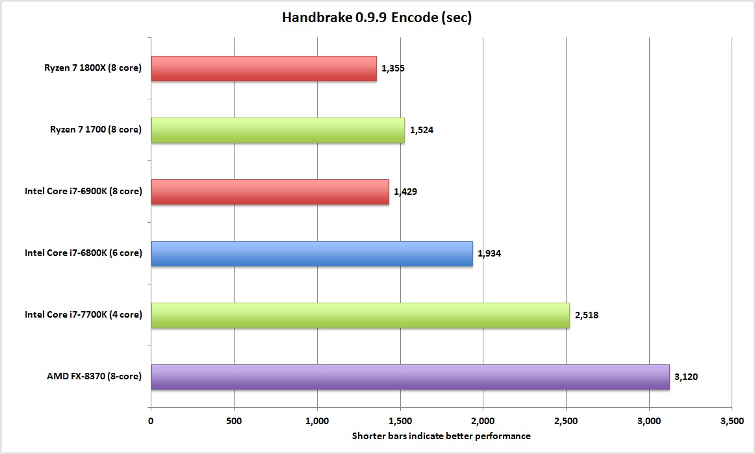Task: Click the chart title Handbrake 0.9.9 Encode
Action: tap(376, 18)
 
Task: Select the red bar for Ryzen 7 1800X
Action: tap(263, 68)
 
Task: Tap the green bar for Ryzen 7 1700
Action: tap(277, 130)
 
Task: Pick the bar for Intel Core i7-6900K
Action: tap(270, 192)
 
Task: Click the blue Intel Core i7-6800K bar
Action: tap(312, 253)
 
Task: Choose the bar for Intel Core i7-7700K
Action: tap(360, 315)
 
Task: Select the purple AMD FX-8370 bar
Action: tap(410, 377)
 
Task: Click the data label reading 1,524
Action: tap(422, 130)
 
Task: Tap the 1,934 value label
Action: tap(489, 253)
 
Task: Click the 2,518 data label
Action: tap(586, 315)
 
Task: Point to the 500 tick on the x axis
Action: tap(234, 421)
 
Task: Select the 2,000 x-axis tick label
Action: tap(483, 421)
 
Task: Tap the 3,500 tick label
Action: tap(732, 421)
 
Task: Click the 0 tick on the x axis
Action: tap(151, 421)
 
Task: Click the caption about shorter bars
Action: tap(441, 436)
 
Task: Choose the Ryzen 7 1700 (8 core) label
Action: tap(96, 130)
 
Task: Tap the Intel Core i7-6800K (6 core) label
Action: tap(83, 253)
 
